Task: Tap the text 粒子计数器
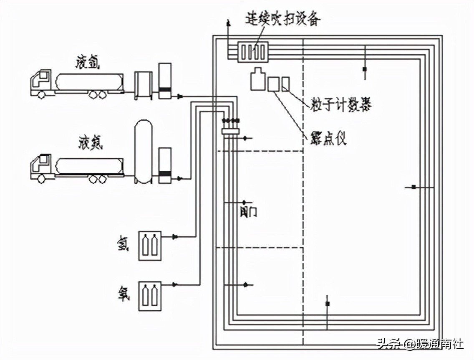[340, 105]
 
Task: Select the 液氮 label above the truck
[90, 144]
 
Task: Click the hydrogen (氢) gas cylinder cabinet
[150, 246]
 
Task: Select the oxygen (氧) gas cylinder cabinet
[150, 295]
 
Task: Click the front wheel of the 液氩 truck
[41, 95]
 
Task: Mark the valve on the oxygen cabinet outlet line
[175, 285]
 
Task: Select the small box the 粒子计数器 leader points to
[285, 84]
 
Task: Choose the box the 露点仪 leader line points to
[273, 84]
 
